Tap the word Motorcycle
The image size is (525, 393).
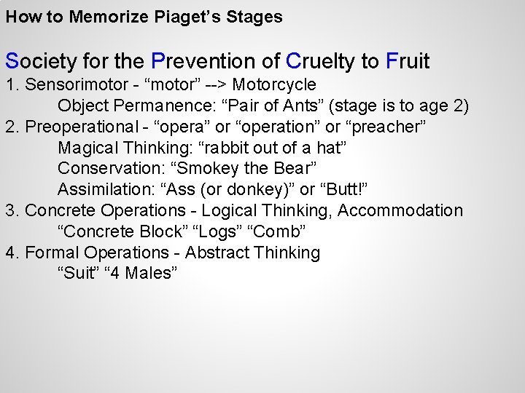279,84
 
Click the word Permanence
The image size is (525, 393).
153,106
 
